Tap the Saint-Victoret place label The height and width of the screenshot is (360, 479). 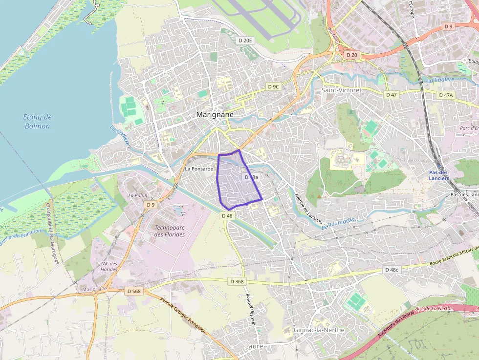(341, 90)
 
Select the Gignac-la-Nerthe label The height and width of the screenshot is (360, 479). (319, 330)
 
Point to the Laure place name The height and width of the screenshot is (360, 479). (254, 346)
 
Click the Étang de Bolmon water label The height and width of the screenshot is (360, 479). (38, 122)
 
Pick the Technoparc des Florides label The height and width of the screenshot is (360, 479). (170, 231)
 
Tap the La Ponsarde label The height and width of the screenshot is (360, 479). (199, 169)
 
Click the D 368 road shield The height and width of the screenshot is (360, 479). (236, 281)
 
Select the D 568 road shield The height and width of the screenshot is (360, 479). (133, 291)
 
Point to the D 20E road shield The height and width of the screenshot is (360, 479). (245, 41)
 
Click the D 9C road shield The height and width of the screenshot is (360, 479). (273, 86)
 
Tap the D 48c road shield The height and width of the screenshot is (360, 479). (392, 270)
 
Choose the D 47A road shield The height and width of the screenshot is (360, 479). (446, 95)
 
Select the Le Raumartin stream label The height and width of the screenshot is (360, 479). (340, 224)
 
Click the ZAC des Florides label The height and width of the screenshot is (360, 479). (109, 266)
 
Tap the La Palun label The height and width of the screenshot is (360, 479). (137, 195)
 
